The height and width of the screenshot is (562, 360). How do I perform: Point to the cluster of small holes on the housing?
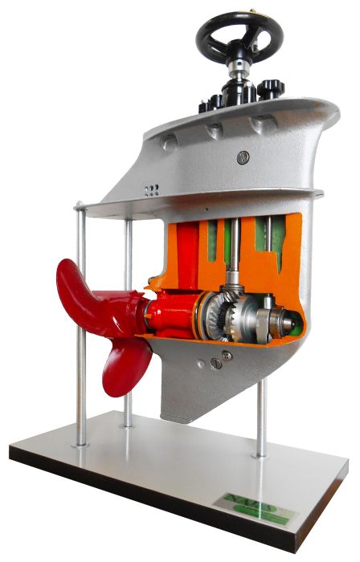coord(150,190)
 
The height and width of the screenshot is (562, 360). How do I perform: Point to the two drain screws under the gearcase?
coord(220,358)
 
